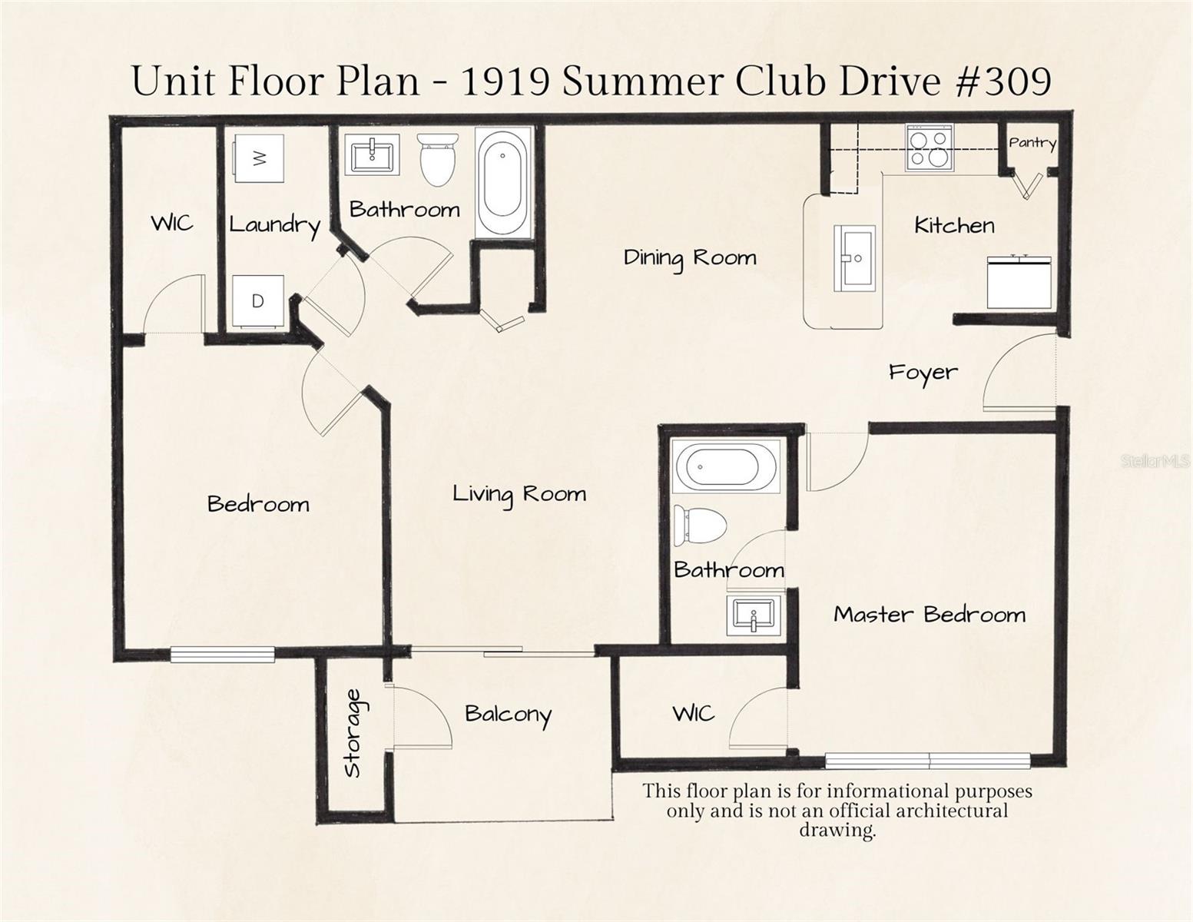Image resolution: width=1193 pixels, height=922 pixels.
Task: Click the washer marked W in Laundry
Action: coord(259,158)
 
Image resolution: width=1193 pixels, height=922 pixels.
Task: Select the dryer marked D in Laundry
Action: coord(257,300)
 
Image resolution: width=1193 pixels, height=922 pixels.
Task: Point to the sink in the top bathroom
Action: coord(372,156)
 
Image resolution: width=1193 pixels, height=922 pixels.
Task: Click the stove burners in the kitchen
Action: coord(929,148)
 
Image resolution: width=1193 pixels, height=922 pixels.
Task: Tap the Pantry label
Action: coord(1032,143)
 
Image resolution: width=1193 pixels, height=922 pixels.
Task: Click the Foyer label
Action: coord(923,373)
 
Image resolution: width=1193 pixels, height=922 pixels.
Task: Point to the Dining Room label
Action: coord(689,257)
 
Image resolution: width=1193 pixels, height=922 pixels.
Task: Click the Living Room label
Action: coord(519,493)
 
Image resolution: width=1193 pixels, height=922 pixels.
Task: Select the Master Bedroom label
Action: coord(930,615)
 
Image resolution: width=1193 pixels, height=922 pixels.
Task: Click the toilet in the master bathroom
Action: coord(700,526)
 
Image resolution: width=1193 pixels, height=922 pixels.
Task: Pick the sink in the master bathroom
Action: coord(754,615)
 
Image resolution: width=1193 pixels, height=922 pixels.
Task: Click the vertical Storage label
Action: coord(353,733)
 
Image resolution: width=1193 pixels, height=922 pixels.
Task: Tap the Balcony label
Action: coord(508,715)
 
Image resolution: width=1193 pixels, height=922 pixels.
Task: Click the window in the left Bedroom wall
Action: coord(222,655)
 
